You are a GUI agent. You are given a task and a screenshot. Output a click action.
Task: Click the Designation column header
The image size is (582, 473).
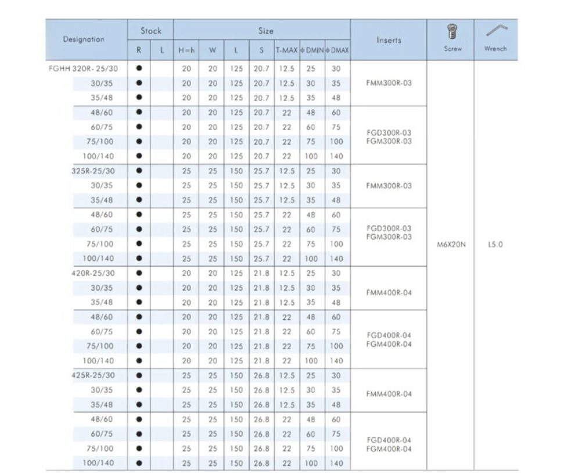[84, 39]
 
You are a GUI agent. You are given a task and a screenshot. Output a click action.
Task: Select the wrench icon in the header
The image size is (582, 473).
[495, 29]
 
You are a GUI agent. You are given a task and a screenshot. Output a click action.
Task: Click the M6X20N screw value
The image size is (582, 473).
[451, 245]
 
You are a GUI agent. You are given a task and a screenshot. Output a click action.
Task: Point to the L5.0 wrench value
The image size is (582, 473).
[495, 245]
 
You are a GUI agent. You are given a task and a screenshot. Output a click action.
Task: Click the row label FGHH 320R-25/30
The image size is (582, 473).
[83, 68]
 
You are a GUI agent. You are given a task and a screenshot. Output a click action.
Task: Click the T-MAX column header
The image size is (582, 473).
[286, 50]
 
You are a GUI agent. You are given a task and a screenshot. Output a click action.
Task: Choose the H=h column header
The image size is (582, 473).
[186, 50]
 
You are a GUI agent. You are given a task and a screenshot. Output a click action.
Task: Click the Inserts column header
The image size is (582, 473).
[389, 40]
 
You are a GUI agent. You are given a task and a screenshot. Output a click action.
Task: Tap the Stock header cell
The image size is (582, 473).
[150, 31]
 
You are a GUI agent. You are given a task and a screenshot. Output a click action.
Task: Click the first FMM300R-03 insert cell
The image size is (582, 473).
[389, 83]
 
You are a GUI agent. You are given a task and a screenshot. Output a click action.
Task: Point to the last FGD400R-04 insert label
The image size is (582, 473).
[389, 440]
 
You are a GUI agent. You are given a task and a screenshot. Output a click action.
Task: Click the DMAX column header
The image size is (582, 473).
[337, 50]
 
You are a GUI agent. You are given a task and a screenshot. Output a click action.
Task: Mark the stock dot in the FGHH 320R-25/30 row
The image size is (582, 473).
[139, 68]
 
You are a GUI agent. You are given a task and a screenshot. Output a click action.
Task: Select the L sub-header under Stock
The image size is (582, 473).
[162, 50]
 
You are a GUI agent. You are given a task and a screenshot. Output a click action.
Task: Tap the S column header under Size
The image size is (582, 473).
[261, 50]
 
